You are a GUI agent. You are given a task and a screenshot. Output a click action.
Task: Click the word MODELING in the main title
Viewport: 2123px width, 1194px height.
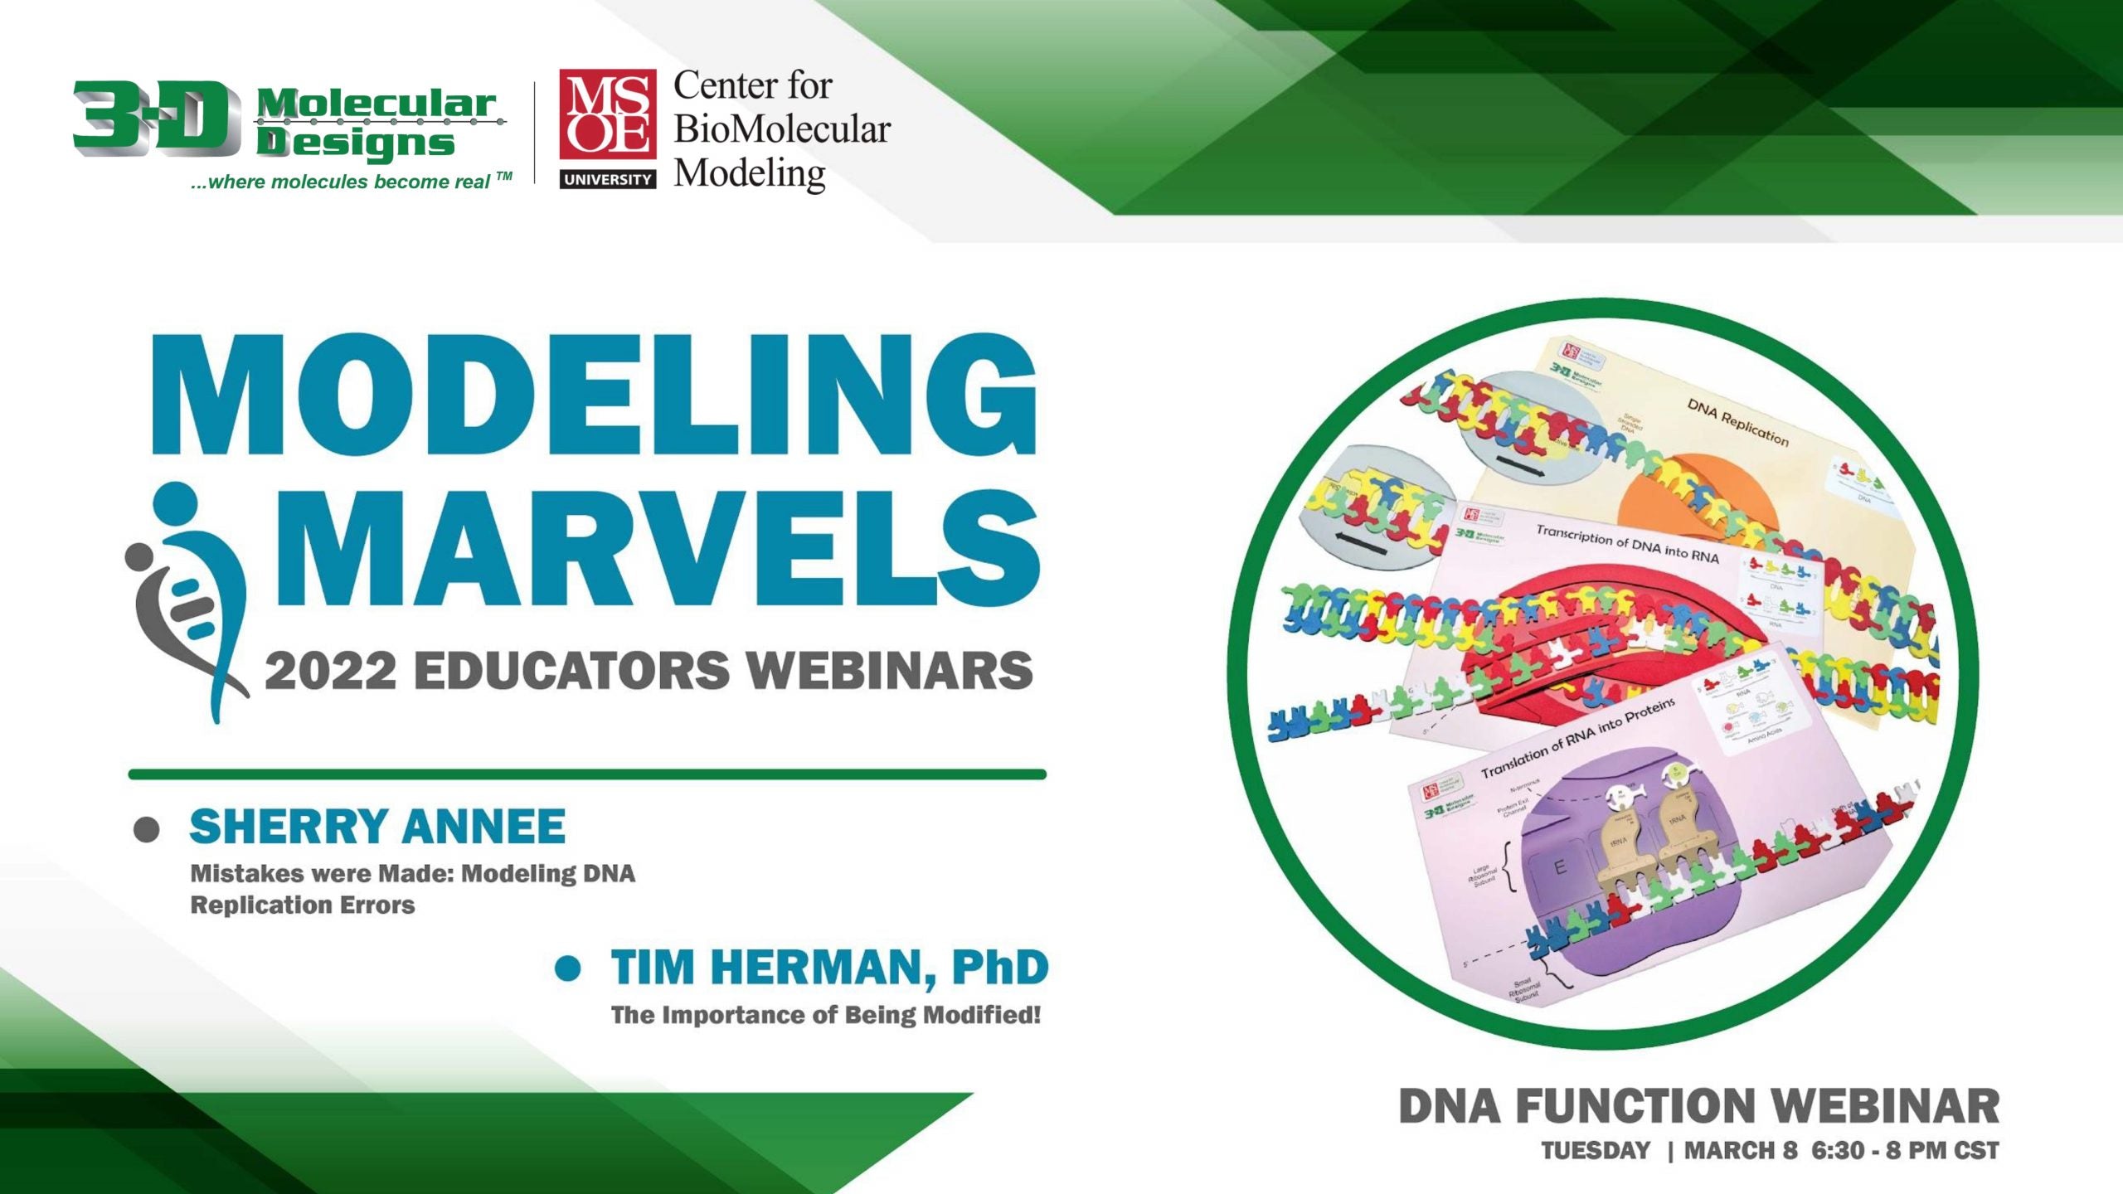click(x=594, y=395)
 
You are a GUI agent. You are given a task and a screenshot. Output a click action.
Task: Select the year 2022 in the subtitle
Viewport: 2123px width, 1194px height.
click(x=330, y=671)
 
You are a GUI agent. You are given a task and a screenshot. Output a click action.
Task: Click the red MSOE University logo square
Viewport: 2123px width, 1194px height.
click(x=607, y=115)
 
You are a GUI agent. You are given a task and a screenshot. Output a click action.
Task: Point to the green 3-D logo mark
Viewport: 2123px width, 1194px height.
click(x=153, y=117)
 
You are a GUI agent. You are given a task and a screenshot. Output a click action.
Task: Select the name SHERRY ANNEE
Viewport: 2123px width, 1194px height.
click(x=377, y=827)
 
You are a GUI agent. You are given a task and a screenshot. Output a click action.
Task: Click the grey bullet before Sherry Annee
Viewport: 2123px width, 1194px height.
click(x=147, y=829)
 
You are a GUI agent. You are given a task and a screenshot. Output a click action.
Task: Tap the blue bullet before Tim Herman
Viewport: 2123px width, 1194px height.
click(x=568, y=968)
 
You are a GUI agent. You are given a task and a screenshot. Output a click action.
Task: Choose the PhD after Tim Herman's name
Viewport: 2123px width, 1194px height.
click(x=999, y=968)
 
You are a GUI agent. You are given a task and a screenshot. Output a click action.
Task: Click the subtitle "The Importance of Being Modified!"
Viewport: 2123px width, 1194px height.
click(x=825, y=1015)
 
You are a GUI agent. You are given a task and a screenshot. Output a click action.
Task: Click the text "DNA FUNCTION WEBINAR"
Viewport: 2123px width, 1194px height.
click(x=1698, y=1106)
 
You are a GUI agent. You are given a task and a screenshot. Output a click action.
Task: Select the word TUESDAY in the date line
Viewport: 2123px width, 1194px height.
click(x=1596, y=1151)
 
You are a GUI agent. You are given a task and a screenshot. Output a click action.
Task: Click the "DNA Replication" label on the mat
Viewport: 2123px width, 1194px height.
click(x=1737, y=421)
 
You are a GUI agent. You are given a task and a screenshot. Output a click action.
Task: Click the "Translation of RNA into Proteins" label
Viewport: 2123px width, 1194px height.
click(x=1577, y=737)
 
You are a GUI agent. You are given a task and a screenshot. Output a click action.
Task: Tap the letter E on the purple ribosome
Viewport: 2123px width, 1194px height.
click(x=1559, y=868)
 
